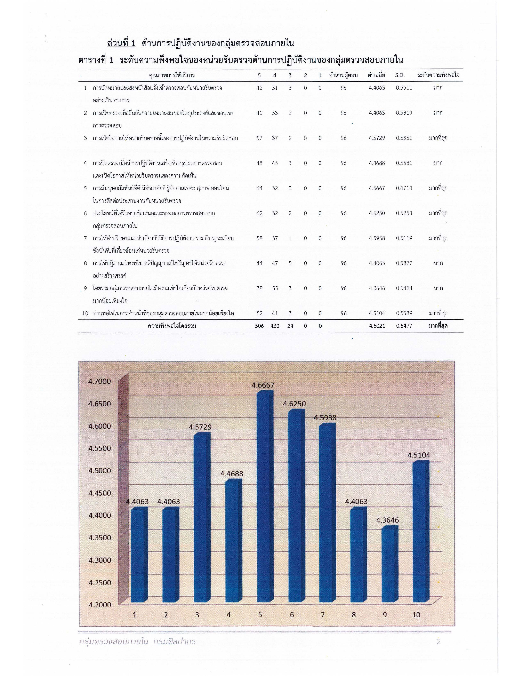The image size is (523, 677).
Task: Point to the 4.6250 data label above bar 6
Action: pos(294,404)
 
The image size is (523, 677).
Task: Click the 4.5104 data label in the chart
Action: pos(419,455)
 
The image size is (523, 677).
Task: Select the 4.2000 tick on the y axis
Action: pos(99,604)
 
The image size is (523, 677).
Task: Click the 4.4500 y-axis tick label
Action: pos(99,493)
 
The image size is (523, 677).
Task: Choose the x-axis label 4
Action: pos(229,615)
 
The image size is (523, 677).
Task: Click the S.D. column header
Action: pos(400,75)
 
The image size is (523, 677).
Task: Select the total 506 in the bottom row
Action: pos(259,326)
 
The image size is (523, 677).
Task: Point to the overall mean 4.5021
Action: pos(377,326)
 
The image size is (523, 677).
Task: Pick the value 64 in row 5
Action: pos(259,188)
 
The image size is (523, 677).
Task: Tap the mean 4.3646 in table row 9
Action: pos(377,288)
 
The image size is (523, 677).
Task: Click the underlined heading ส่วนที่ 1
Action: pos(121,43)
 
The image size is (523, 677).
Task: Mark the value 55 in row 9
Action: pos(274,288)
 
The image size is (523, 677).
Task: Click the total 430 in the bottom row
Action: pos(274,326)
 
